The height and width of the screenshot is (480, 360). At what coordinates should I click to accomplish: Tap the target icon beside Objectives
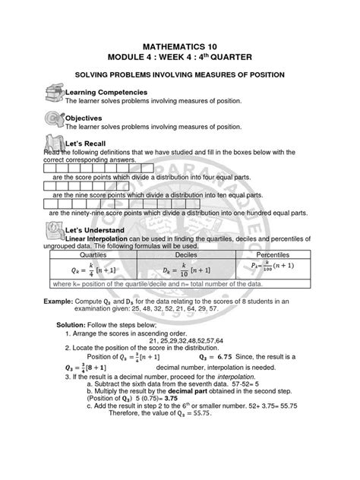(x=53, y=118)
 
